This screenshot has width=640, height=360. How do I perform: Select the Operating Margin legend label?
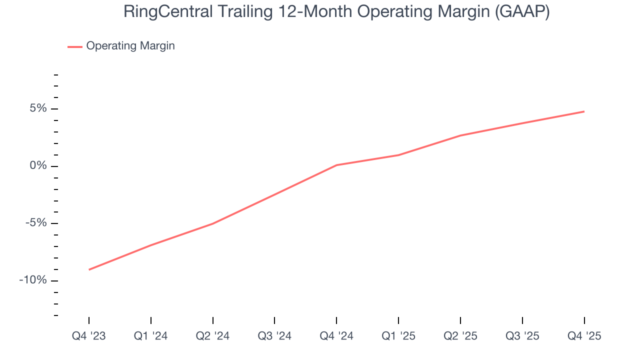coord(130,46)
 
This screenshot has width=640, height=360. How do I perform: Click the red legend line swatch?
coord(75,46)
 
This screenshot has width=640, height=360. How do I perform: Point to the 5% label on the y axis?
coord(38,108)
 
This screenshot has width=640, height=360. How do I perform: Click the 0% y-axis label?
coord(38,166)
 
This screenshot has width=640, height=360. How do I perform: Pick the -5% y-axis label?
coord(36,223)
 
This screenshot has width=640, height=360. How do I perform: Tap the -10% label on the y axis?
coord(33,280)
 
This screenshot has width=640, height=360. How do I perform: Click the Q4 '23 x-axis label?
coord(89,336)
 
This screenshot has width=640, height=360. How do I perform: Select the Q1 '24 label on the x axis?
coord(151,336)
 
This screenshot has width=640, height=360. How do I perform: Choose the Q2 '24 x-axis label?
coord(213,336)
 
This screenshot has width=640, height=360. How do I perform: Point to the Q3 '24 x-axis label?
coord(274,336)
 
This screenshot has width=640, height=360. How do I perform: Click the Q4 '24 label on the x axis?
coord(336,336)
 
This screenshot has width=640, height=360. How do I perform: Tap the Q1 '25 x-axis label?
coord(398,336)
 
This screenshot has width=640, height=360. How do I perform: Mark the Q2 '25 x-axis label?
coord(460,336)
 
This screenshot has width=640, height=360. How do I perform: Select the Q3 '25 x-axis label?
coord(522,336)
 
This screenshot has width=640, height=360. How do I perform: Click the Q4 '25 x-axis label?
coord(584,336)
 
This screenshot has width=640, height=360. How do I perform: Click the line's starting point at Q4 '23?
coord(89,269)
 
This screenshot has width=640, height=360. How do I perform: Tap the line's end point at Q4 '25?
coord(584,111)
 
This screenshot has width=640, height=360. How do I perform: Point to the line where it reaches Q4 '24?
coord(336,165)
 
